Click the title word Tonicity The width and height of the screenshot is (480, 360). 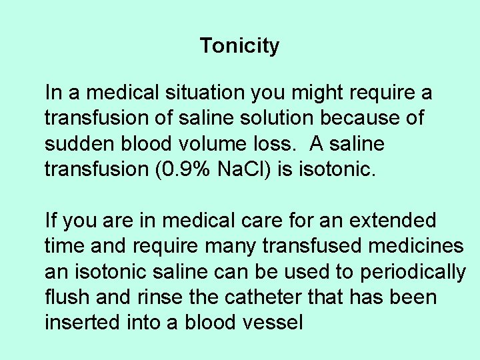[x=239, y=46]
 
